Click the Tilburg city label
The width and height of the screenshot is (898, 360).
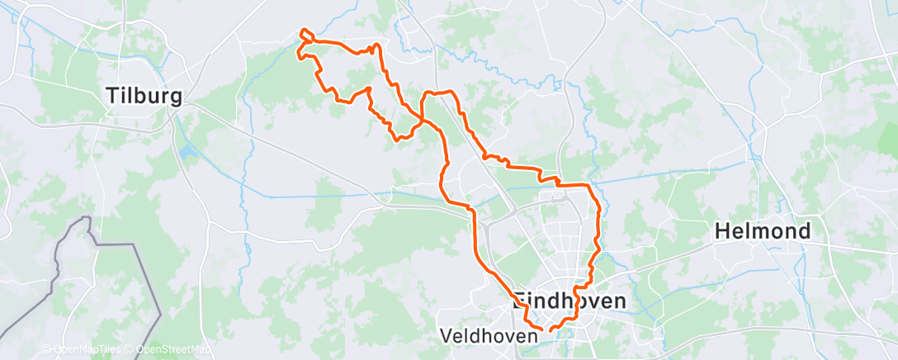tap(144, 97)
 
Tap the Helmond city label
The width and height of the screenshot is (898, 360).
tap(763, 231)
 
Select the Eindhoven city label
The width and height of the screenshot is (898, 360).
tap(570, 301)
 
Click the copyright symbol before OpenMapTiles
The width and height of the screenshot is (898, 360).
tap(46, 350)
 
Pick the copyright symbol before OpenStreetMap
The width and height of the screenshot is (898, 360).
tap(130, 350)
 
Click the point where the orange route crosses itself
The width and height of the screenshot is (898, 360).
tap(423, 121)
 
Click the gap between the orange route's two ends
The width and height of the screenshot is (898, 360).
tap(546, 331)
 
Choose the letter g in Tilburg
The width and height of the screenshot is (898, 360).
tap(175, 99)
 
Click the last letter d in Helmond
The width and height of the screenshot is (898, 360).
tap(803, 231)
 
